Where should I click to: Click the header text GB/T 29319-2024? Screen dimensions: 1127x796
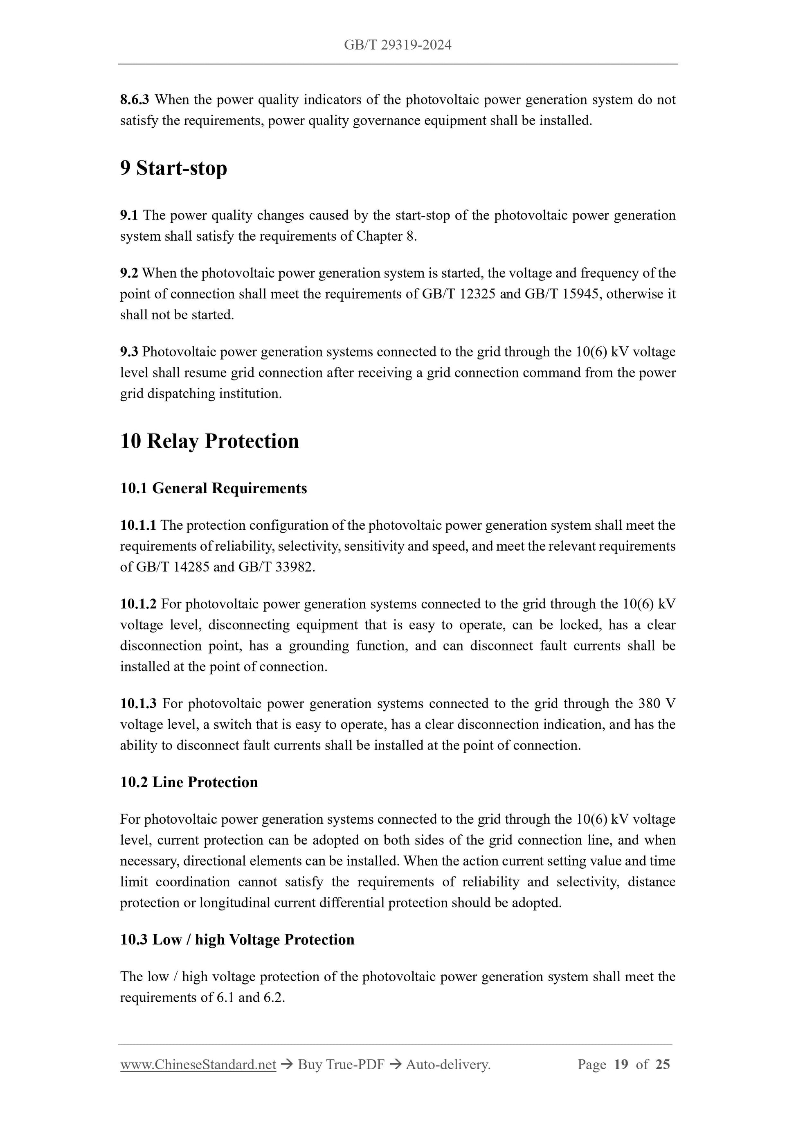397,45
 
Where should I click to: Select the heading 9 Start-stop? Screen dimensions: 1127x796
173,168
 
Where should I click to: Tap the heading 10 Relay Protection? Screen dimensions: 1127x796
209,441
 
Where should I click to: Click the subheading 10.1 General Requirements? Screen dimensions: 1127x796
214,488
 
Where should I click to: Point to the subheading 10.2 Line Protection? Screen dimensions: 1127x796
189,782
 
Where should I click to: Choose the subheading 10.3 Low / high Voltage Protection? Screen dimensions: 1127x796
237,940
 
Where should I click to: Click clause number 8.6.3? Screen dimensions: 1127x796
135,99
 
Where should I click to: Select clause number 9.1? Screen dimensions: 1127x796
129,215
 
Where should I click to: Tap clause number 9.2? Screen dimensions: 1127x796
129,273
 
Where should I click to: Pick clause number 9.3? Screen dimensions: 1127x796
129,352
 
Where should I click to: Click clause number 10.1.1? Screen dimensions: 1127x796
138,525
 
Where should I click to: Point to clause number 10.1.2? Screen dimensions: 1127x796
138,604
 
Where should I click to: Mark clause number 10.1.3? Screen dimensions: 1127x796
138,703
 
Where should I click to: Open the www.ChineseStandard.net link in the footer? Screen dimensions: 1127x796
198,1064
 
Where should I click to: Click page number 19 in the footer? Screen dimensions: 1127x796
621,1064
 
